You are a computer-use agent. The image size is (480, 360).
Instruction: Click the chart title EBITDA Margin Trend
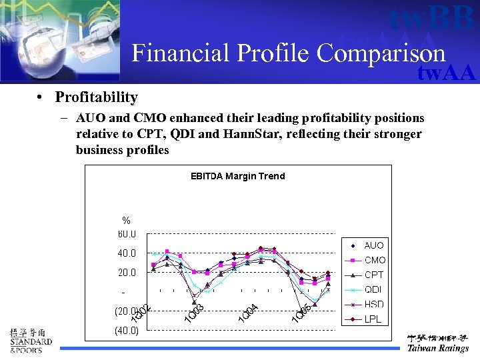[x=237, y=176]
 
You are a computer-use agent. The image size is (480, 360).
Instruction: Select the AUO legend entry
[x=373, y=245]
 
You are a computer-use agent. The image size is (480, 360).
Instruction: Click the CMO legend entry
[x=374, y=260]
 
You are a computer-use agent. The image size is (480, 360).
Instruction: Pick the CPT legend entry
[x=373, y=275]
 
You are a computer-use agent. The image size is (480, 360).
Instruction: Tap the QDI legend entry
[x=373, y=290]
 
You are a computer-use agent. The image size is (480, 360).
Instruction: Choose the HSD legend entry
[x=373, y=305]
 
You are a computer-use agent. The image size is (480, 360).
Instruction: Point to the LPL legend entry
[x=373, y=319]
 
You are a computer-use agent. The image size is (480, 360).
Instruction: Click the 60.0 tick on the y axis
[x=127, y=234]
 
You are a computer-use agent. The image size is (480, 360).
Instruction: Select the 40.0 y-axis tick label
[x=127, y=253]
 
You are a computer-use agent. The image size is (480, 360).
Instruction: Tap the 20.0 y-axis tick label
[x=127, y=273]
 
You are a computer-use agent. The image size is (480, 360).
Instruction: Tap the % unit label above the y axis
[x=126, y=221]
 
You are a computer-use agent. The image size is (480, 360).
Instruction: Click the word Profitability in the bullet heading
[x=96, y=97]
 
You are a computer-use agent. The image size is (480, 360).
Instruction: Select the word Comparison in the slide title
[x=381, y=53]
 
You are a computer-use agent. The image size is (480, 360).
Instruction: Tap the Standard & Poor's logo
[x=31, y=341]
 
